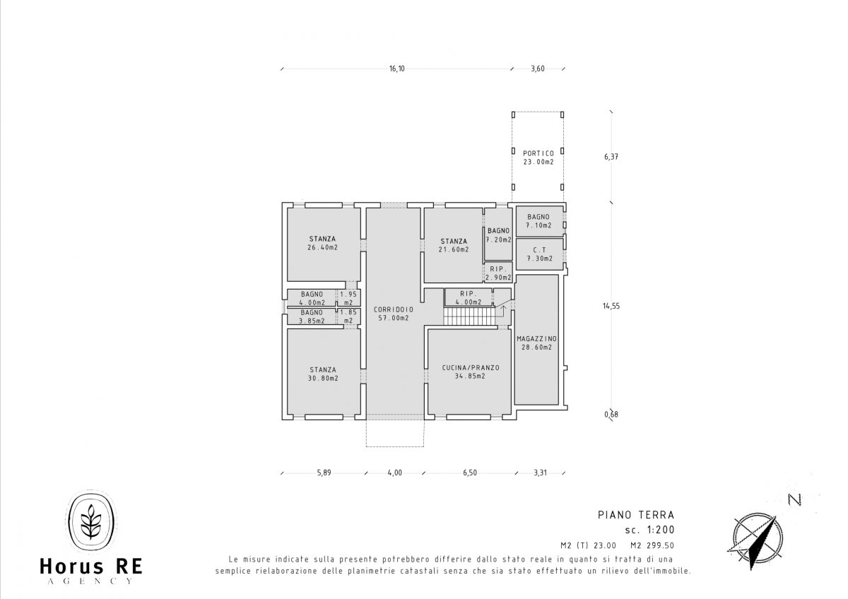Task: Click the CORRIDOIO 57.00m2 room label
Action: [x=394, y=314]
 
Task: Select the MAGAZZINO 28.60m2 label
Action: [x=537, y=343]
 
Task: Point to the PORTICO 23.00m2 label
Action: [x=538, y=158]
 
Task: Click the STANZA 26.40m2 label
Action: [x=322, y=243]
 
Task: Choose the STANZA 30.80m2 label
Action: [x=323, y=374]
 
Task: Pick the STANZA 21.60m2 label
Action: [x=454, y=245]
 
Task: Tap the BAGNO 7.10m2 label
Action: [x=538, y=221]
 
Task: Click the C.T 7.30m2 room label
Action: [x=539, y=254]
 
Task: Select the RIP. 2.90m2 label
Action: [x=498, y=273]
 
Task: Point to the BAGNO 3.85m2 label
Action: [x=312, y=316]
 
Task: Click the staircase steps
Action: [x=469, y=316]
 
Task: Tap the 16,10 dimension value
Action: [x=396, y=69]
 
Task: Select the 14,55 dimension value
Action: [x=611, y=306]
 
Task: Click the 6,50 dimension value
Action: [x=470, y=473]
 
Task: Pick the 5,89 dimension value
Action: [x=324, y=473]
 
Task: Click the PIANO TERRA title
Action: [x=636, y=515]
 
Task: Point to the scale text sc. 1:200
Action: [x=649, y=530]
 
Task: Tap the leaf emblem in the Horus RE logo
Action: [x=91, y=521]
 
